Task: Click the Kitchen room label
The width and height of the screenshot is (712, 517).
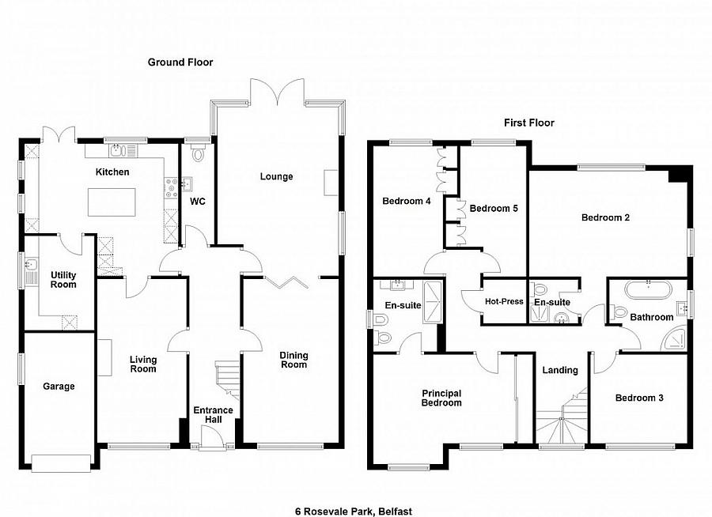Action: pyautogui.click(x=112, y=172)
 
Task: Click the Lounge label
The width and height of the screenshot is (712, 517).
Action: pyautogui.click(x=276, y=176)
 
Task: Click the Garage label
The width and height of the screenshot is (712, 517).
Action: pyautogui.click(x=59, y=387)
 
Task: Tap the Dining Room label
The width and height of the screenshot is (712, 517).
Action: pyautogui.click(x=294, y=360)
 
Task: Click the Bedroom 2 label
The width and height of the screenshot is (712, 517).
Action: pyautogui.click(x=605, y=217)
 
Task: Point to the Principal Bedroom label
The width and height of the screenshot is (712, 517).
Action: pyautogui.click(x=441, y=398)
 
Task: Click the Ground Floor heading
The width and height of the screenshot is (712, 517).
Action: pyautogui.click(x=180, y=62)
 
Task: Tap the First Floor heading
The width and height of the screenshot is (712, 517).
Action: pyautogui.click(x=529, y=123)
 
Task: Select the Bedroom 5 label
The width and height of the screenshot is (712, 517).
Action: pyautogui.click(x=493, y=209)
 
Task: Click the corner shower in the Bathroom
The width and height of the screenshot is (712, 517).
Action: pyautogui.click(x=675, y=338)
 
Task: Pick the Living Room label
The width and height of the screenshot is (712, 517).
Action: pyautogui.click(x=143, y=364)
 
